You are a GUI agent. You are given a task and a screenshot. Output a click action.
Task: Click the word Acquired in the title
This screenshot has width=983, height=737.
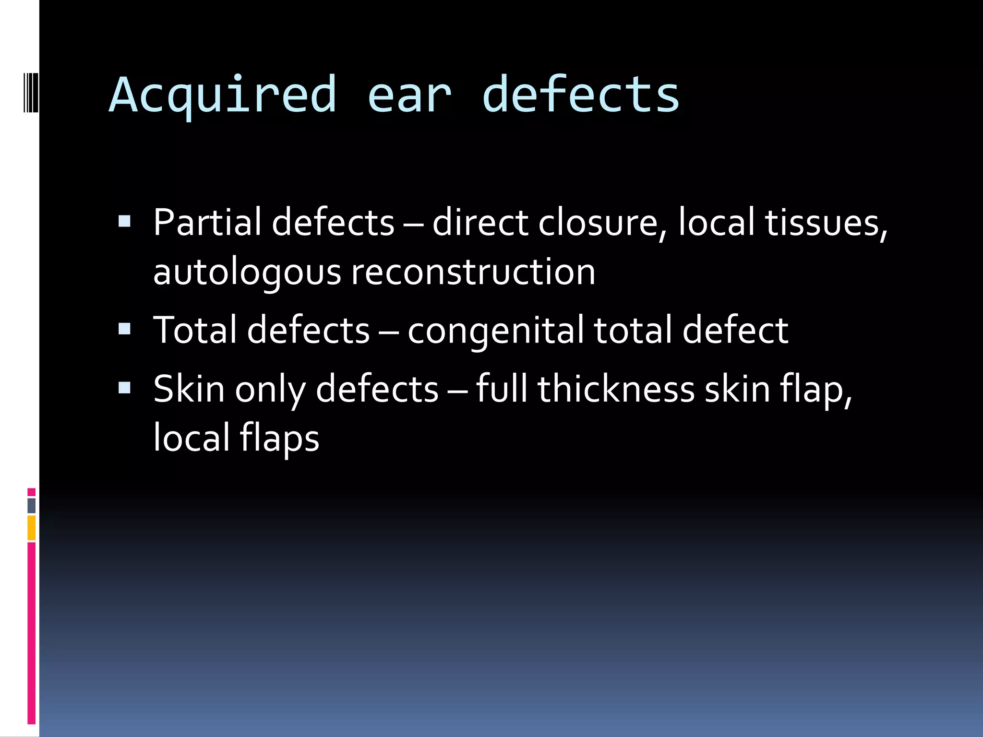[223, 95]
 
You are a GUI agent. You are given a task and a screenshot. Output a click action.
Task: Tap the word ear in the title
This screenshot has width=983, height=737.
[409, 95]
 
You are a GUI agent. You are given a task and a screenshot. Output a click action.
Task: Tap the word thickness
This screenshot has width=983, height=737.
[616, 389]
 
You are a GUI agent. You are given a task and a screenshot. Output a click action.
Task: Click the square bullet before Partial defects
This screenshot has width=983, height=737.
[124, 221]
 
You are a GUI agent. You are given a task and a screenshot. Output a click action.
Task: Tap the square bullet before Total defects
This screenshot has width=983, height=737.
[124, 328]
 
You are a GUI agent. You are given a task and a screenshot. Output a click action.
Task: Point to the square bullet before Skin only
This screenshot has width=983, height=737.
[124, 387]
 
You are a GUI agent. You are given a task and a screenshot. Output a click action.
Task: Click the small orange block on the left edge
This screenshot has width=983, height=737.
[31, 528]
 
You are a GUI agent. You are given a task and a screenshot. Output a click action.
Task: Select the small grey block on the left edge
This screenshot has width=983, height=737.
[31, 505]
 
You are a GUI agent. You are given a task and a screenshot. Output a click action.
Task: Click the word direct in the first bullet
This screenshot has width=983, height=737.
[480, 223]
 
